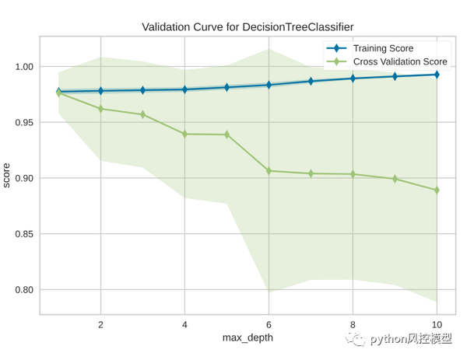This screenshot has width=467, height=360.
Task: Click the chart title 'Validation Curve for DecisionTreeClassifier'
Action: pyautogui.click(x=247, y=26)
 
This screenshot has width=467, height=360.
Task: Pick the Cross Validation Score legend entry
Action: pyautogui.click(x=397, y=61)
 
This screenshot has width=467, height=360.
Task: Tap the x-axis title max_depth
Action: pyautogui.click(x=248, y=338)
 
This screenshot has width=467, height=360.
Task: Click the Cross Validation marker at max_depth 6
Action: pyautogui.click(x=269, y=170)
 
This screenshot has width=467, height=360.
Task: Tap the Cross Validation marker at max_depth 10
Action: pyautogui.click(x=437, y=190)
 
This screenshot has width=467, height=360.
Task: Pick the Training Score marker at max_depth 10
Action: pyautogui.click(x=437, y=75)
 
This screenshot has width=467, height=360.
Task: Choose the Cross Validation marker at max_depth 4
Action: pyautogui.click(x=184, y=134)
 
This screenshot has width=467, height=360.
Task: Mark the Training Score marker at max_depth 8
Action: pyautogui.click(x=353, y=79)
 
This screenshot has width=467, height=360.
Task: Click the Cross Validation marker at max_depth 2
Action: pyautogui.click(x=100, y=109)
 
